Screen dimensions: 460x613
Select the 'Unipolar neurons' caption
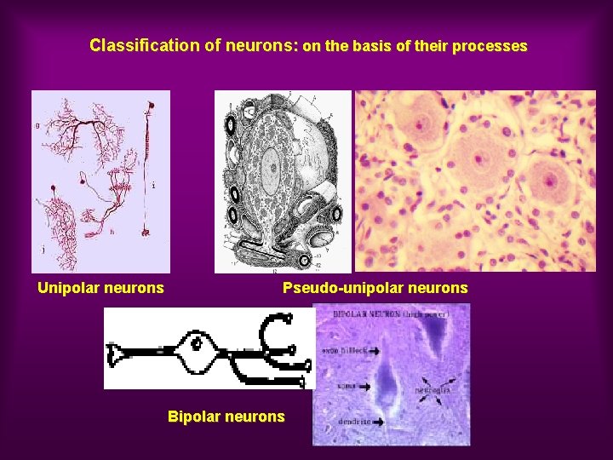coord(100,288)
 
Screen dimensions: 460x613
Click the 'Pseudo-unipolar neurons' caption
coord(375,288)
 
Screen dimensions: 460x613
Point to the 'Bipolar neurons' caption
coord(226,417)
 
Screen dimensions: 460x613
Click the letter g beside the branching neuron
coord(37,124)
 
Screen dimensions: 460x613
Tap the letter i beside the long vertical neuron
coord(152,184)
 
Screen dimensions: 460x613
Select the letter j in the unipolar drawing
coord(43,250)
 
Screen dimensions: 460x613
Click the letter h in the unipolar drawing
coord(112,231)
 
